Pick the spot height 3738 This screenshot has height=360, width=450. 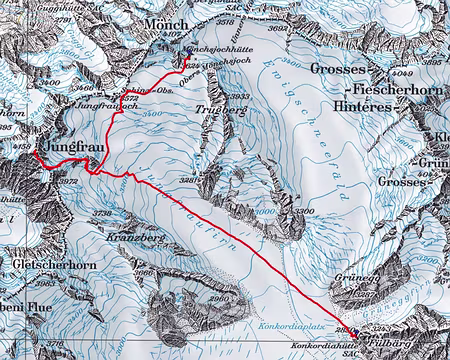click(x=102, y=213)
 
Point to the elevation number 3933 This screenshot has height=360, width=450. click(x=240, y=96)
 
